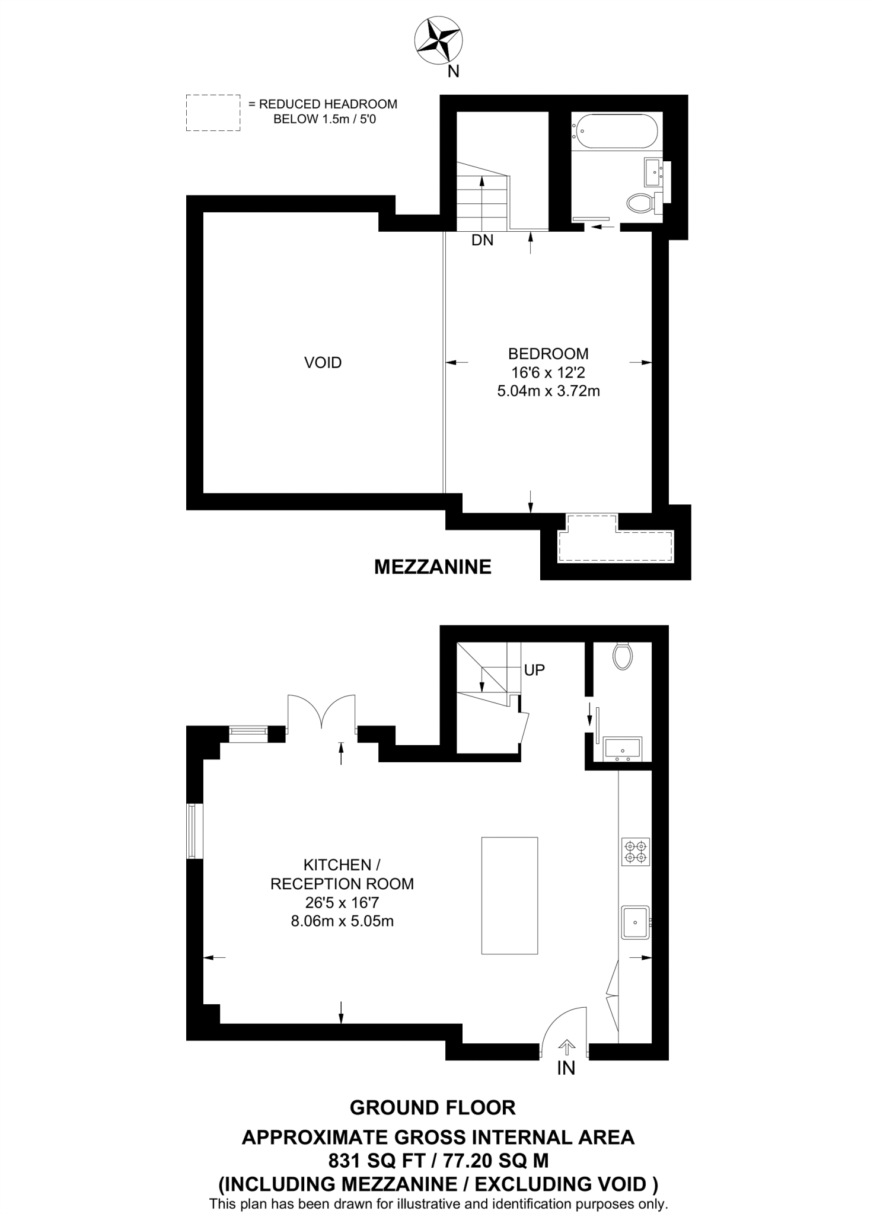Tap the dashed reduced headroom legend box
point(213,113)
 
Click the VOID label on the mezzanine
point(323,363)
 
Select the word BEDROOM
point(548,354)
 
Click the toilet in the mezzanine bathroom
point(639,203)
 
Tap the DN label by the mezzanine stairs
point(482,240)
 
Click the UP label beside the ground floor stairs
point(534,670)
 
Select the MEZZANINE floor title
point(433,567)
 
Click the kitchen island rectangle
point(509,896)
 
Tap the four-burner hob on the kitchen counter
point(636,852)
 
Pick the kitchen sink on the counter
point(636,922)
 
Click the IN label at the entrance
point(566,1068)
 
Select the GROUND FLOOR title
point(433,1107)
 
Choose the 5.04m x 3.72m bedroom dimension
point(548,391)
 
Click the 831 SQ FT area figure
point(373,1159)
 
